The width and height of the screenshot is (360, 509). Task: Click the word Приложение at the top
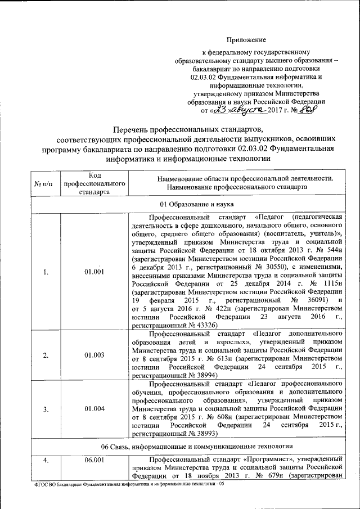[x=246, y=39]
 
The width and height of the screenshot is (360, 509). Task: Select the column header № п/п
[x=44, y=184]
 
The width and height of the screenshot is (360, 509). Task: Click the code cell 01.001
[x=95, y=272]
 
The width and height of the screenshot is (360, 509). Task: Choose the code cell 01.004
[x=95, y=409]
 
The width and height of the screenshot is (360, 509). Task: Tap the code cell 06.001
[x=95, y=460]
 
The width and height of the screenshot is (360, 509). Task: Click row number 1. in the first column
[x=46, y=272]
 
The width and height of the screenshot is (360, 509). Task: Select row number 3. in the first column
[x=46, y=409]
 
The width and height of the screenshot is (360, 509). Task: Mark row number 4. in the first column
[x=46, y=460]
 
